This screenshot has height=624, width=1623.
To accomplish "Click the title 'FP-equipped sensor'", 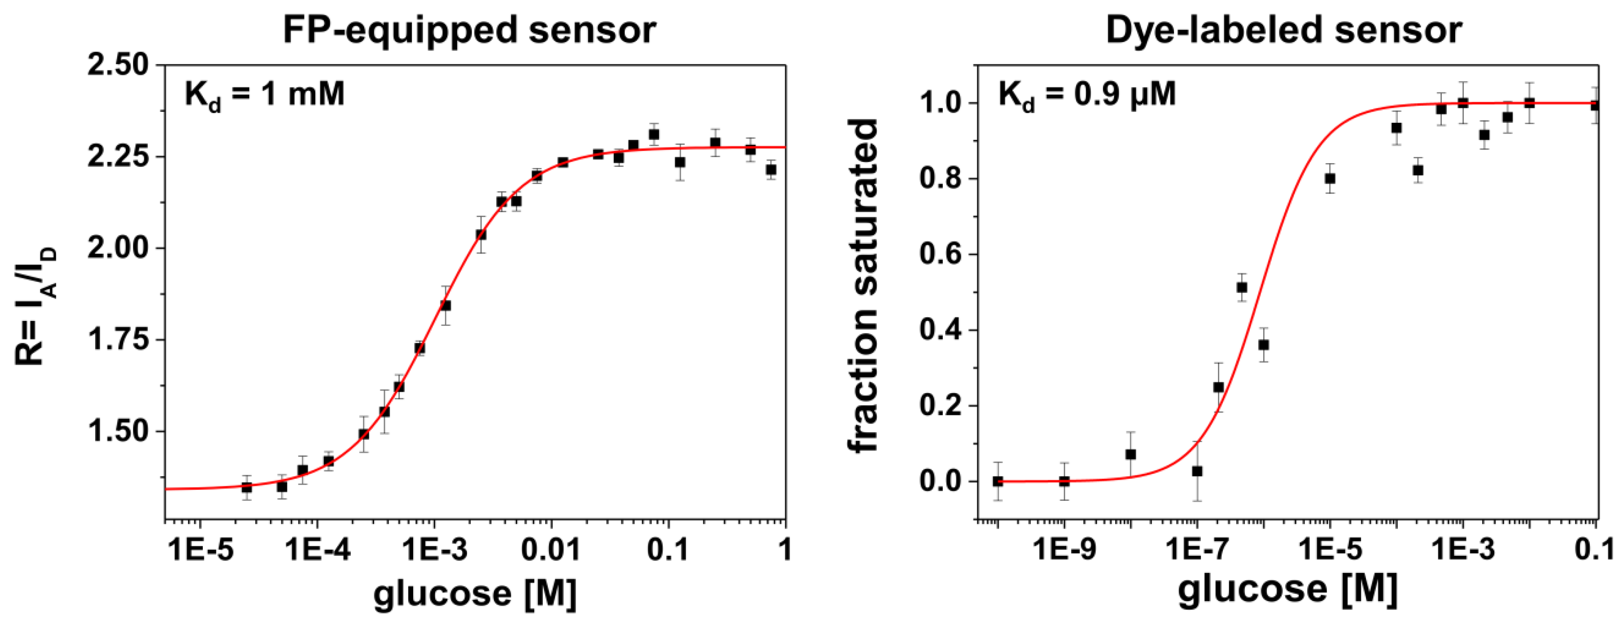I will pos(469,30).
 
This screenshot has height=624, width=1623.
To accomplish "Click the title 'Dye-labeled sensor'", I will pos(1283,30).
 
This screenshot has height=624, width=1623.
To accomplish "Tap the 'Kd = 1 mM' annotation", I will pos(265,95).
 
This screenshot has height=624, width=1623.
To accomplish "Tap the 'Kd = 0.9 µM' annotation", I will pos(1087,95).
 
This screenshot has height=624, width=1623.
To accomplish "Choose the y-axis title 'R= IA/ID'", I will pos(36,307).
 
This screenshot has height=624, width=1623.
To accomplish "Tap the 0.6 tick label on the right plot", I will pos(939,254).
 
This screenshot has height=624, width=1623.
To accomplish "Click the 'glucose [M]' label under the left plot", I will pos(475,593).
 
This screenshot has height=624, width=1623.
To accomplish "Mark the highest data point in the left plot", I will pos(654,134).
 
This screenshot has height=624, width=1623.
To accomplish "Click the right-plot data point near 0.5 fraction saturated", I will pos(1242,288).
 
